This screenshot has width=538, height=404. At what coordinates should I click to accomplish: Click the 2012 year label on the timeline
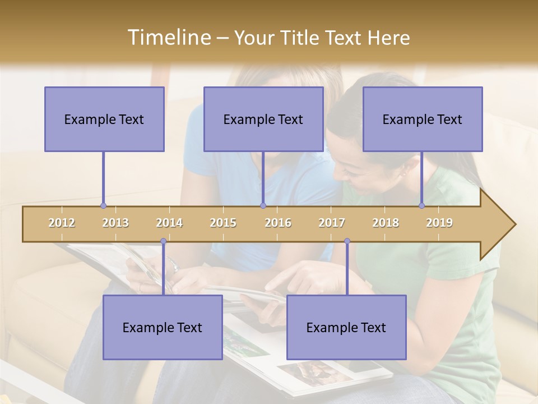[62, 223]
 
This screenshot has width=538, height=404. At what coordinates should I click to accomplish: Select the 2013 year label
[115, 223]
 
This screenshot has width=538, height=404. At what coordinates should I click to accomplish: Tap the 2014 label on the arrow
[169, 223]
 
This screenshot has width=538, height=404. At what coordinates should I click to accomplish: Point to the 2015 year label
[223, 223]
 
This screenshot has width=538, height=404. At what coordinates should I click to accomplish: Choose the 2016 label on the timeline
[278, 223]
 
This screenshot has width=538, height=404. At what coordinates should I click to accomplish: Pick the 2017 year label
[332, 223]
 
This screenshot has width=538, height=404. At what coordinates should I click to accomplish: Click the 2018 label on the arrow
[386, 223]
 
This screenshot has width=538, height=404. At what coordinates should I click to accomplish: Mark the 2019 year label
[439, 223]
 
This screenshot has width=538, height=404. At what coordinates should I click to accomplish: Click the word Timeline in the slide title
[168, 38]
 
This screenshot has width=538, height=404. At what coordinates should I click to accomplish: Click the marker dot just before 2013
[103, 206]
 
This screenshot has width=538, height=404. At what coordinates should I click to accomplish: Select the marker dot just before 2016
[263, 206]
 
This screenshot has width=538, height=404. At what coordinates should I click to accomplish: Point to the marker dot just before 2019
[422, 206]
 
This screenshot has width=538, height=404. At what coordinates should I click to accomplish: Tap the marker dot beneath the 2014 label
[163, 241]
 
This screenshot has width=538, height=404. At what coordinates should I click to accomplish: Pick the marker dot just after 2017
[347, 241]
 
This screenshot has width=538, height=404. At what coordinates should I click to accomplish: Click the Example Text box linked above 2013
[104, 119]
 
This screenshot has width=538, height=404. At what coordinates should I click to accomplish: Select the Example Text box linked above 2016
[263, 119]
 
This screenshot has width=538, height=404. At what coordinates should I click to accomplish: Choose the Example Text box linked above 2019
[423, 119]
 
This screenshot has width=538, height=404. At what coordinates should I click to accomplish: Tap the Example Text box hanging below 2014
[163, 327]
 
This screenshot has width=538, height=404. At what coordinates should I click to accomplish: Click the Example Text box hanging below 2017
[346, 327]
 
